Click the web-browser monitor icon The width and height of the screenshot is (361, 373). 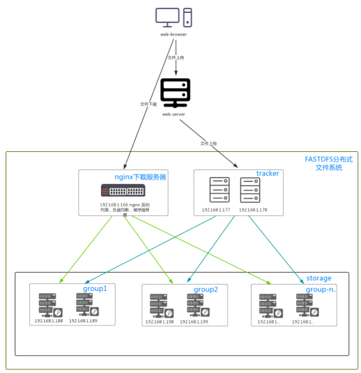pos(167,17)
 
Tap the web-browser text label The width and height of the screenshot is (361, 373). pos(173,34)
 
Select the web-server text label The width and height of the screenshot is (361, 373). pos(175,114)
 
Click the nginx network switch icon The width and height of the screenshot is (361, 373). pos(123,190)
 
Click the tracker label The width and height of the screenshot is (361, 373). pos(267,173)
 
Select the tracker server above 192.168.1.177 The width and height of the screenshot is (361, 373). pos(219,190)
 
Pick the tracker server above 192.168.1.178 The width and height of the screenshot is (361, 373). pos(250,190)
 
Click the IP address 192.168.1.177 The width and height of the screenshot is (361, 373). pos(216,209)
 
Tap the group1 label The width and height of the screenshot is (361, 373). pos(95,288)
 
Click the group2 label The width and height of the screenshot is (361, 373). pos(206,290)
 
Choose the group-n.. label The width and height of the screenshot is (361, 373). pos(321,290)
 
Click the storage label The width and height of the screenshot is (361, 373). pos(319,278)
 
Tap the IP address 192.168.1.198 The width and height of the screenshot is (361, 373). pos(159,322)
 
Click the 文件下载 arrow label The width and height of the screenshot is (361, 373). pos(148,104)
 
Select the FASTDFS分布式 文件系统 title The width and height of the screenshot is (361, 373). pos(329,164)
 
